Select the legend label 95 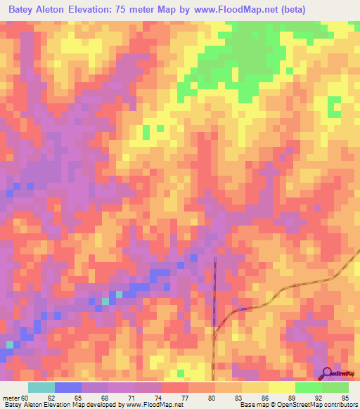click(345, 397)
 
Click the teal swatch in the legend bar click(41, 387)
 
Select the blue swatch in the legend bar click(67, 387)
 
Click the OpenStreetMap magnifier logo click(327, 373)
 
